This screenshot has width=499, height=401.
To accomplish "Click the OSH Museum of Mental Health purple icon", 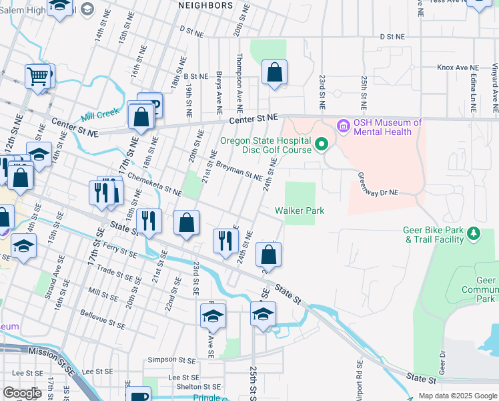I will coord(344,125).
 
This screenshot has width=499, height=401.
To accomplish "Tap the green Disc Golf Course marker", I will coord(322,144).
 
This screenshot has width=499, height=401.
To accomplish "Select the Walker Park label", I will coord(300,211).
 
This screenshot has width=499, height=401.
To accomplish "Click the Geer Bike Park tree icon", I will coord(474,233).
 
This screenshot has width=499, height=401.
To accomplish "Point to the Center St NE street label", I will coord(254,118).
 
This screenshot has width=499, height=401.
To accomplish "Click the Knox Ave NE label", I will coord(458,68).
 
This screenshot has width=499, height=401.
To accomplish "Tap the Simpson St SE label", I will coord(172,359).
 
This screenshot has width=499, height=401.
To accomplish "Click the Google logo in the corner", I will coord(22,393).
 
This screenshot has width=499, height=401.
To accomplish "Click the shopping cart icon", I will coord(39,76).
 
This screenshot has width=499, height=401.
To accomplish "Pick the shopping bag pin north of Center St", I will coord(274,72).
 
